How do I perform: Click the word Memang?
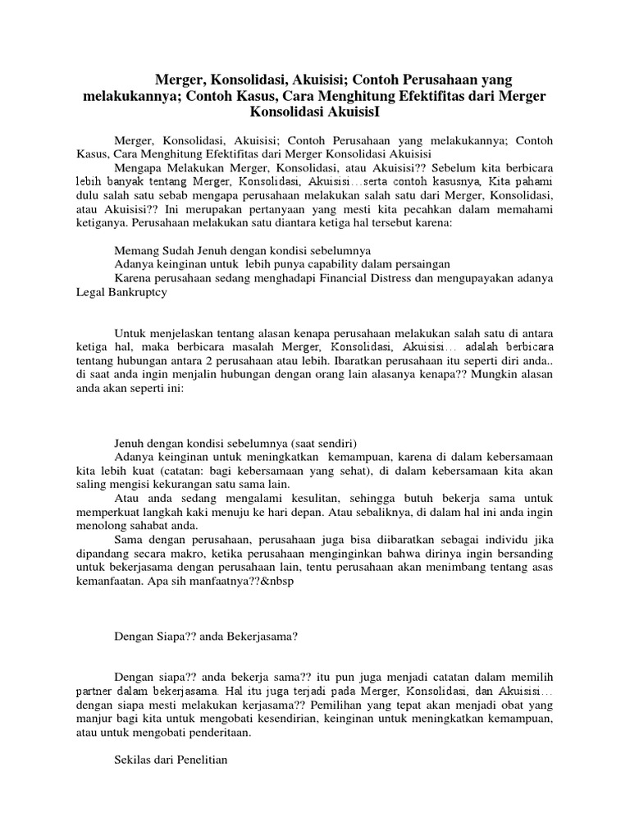134,248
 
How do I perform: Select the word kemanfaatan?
107,586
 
